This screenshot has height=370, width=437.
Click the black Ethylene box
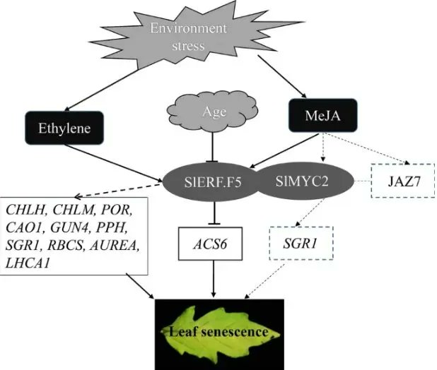[64, 128]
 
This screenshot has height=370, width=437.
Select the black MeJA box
[322, 115]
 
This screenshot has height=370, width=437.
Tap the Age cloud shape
[212, 112]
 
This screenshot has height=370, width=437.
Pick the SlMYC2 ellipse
[304, 181]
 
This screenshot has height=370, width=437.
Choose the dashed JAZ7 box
[403, 181]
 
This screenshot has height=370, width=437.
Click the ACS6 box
[211, 244]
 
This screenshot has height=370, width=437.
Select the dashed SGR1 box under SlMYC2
[301, 244]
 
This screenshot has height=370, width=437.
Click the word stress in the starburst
[188, 46]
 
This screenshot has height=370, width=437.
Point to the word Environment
[188, 28]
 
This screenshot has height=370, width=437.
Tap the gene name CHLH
[25, 210]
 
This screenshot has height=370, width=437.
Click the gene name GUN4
[70, 227]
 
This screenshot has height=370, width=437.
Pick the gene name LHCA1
[28, 263]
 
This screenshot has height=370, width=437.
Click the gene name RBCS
[66, 245]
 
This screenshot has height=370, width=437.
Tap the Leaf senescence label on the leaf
[218, 332]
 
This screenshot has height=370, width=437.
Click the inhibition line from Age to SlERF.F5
[213, 147]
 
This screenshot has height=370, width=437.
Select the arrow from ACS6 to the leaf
[214, 278]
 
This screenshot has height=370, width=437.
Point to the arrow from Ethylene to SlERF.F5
[113, 163]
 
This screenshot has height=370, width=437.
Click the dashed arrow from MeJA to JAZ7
[366, 149]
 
